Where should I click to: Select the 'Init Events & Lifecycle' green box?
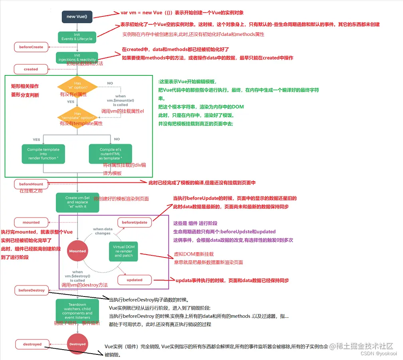click(77, 37)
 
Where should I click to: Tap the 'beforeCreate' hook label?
click(31, 47)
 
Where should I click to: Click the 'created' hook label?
click(31, 69)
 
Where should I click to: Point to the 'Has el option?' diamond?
click(77, 85)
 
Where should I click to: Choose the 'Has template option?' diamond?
click(77, 116)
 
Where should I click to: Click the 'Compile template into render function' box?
click(43, 154)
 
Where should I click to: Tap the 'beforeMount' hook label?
click(31, 184)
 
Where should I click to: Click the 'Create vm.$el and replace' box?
click(77, 202)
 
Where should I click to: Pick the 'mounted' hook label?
click(31, 222)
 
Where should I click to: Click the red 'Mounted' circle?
click(77, 251)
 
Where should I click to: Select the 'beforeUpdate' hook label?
click(134, 222)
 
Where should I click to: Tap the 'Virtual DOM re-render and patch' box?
click(124, 251)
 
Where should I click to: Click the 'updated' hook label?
click(134, 280)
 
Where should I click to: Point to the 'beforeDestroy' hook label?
click(32, 290)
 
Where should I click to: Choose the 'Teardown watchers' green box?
click(77, 311)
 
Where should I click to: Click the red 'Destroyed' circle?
click(77, 344)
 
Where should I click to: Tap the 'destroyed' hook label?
click(32, 344)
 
